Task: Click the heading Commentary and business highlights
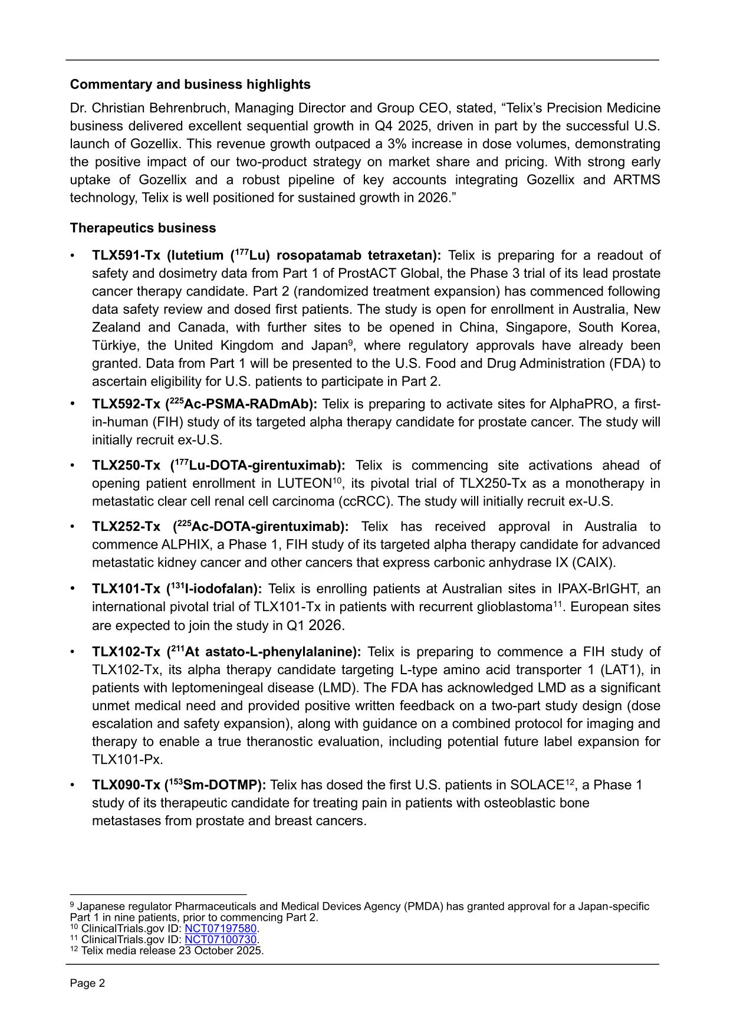190,84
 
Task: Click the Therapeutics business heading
143,228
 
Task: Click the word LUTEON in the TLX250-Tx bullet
304,484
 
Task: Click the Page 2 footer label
87,983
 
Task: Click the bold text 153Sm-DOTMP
216,785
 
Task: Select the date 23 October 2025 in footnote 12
221,950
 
